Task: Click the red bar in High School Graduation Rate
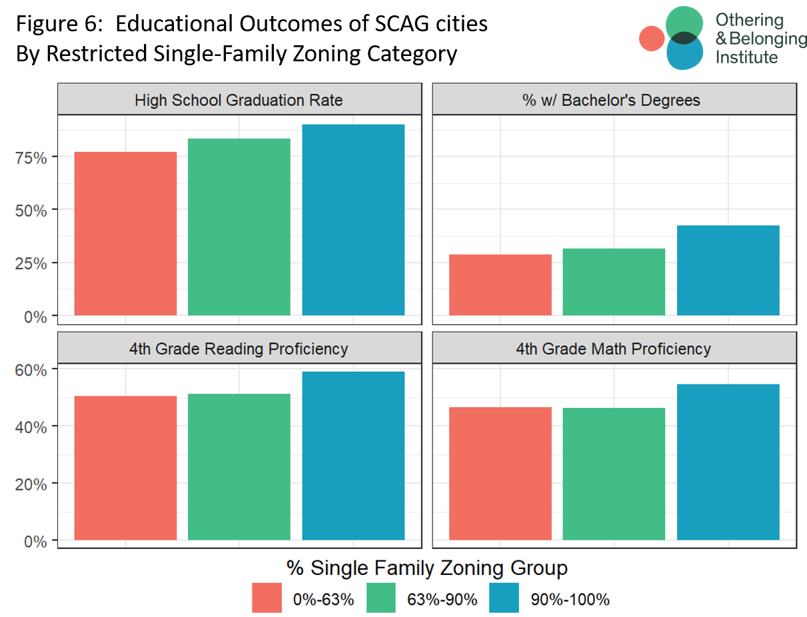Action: pos(125,233)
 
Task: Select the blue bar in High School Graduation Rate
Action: pos(353,220)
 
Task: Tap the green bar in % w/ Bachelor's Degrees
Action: pos(614,282)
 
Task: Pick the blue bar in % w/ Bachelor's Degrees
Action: pos(728,271)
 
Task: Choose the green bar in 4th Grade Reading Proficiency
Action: pos(239,466)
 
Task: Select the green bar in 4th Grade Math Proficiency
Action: pos(614,474)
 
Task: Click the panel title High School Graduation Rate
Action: pos(239,101)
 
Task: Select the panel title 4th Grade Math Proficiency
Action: pos(613,348)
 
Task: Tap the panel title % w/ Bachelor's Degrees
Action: pos(613,101)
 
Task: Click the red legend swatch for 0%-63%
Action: pos(267,598)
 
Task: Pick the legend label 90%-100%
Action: pos(570,599)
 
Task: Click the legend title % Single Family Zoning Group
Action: pos(426,568)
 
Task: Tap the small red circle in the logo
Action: pos(651,38)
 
